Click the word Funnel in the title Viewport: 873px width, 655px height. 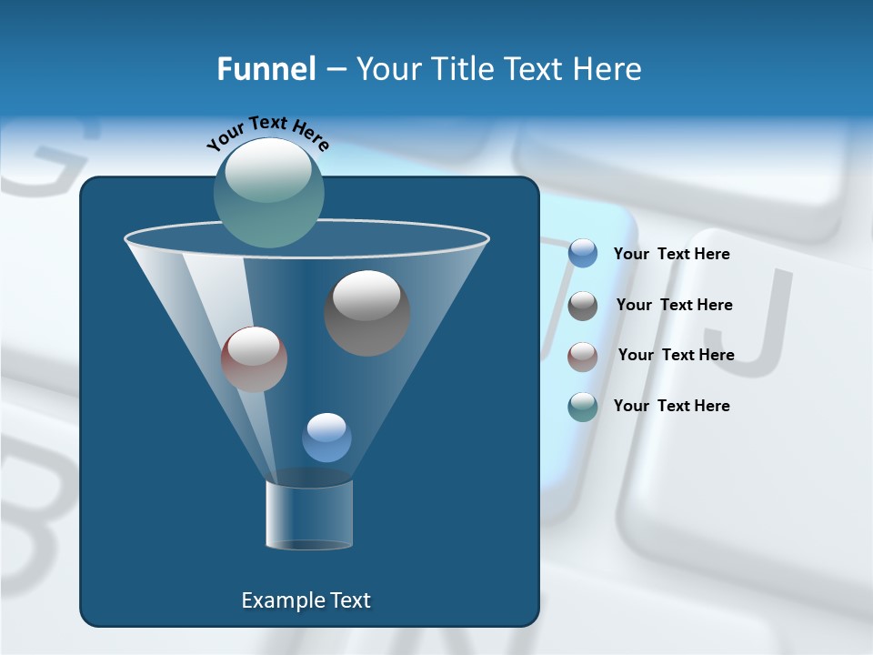point(266,69)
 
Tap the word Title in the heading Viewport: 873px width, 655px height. point(461,69)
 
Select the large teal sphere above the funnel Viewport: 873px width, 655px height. point(269,193)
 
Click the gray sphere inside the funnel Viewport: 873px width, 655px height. point(367,313)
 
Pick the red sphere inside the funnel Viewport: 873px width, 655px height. point(254,359)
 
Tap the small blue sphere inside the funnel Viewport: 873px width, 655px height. point(326,438)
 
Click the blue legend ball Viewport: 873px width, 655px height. point(583,254)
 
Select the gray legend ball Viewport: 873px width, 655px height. point(583,305)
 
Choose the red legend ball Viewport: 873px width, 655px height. point(583,356)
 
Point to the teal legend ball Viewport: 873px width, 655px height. point(583,407)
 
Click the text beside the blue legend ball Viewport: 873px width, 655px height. point(671,254)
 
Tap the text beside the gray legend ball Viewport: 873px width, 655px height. point(674,305)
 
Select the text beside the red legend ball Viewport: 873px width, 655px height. point(676,355)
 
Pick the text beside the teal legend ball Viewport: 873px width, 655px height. point(671,406)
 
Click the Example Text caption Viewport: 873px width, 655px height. point(306,600)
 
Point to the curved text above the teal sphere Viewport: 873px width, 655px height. point(267,132)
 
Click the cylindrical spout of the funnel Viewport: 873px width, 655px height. point(309,514)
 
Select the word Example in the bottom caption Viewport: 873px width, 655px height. point(282,600)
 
